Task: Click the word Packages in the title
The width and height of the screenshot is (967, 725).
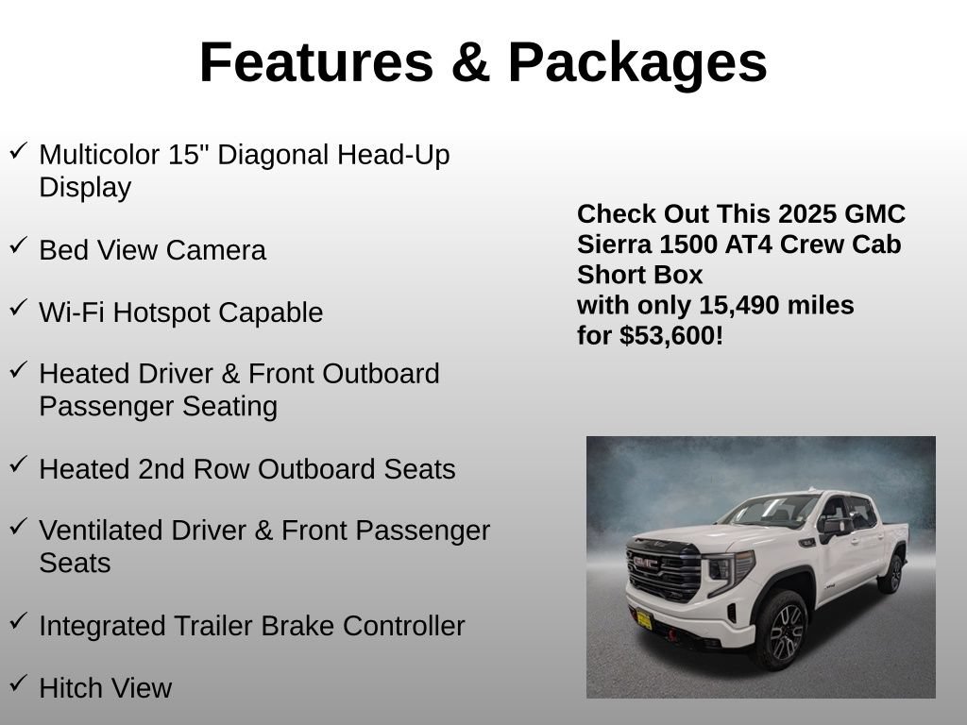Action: pyautogui.click(x=637, y=63)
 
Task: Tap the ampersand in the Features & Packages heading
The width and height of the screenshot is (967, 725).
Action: pyautogui.click(x=470, y=62)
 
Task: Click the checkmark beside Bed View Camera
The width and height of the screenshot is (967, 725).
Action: pyautogui.click(x=19, y=245)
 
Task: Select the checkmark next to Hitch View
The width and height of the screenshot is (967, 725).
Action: pyautogui.click(x=19, y=683)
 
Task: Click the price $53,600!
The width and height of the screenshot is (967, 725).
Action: pyautogui.click(x=671, y=335)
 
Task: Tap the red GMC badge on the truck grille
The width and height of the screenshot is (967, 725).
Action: pyautogui.click(x=646, y=563)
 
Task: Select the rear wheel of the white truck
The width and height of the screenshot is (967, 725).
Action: pyautogui.click(x=891, y=574)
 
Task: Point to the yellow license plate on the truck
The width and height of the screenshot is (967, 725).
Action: pyautogui.click(x=644, y=619)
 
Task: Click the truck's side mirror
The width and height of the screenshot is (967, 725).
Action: pyautogui.click(x=834, y=527)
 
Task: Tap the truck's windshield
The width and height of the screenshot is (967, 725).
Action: pyautogui.click(x=770, y=511)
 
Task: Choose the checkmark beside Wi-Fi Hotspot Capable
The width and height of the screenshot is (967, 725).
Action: pyautogui.click(x=19, y=307)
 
